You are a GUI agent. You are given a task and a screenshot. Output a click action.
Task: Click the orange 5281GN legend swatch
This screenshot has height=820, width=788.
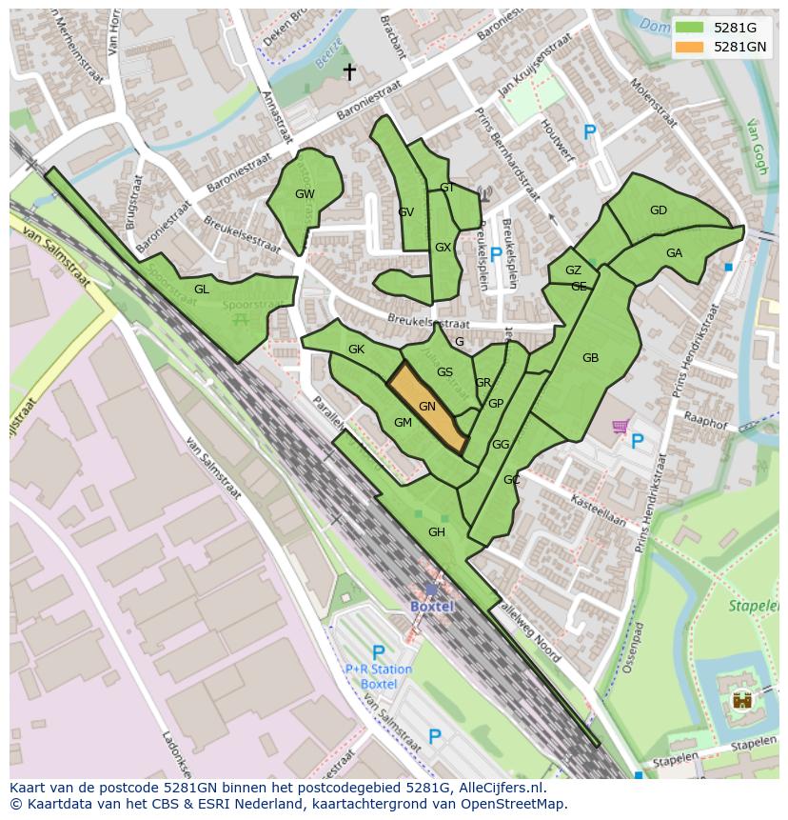[x=689, y=47]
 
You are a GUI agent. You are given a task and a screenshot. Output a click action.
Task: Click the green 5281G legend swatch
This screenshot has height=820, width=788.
[x=689, y=27]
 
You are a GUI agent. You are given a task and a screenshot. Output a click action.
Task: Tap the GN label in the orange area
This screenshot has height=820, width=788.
[x=427, y=407]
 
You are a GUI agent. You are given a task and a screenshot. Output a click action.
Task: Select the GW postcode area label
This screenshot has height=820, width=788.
[x=305, y=194]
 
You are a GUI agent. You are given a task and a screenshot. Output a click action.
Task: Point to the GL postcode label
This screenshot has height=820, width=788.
[x=202, y=290]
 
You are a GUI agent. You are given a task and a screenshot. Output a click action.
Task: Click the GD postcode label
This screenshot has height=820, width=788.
[x=658, y=210]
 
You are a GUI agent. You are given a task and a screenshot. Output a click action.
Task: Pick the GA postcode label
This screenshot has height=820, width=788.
[x=674, y=253]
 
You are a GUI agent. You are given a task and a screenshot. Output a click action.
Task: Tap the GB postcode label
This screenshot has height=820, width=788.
[x=590, y=358]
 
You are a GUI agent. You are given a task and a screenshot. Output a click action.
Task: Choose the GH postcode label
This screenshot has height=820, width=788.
[x=437, y=532]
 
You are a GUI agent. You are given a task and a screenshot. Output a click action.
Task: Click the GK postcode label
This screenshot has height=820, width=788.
[x=356, y=350]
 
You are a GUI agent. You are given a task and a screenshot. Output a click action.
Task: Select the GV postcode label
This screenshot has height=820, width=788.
[x=406, y=212]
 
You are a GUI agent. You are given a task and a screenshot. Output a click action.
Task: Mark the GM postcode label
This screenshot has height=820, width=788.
[x=403, y=423]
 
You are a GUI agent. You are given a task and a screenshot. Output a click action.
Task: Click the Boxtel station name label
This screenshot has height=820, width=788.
[x=432, y=606]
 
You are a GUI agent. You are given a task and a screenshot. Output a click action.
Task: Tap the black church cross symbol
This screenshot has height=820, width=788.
[x=349, y=72]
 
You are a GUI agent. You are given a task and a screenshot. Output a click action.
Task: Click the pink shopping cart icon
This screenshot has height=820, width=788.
[x=620, y=427]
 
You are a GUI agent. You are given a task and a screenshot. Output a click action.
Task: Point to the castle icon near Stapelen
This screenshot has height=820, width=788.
[x=741, y=701]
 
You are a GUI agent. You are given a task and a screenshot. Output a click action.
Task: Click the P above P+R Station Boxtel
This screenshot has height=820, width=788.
[x=378, y=652]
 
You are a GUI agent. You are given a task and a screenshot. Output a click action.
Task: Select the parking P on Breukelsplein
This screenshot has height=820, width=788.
[x=495, y=254]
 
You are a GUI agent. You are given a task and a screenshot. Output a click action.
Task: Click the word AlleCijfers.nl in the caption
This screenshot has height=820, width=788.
[x=502, y=788]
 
